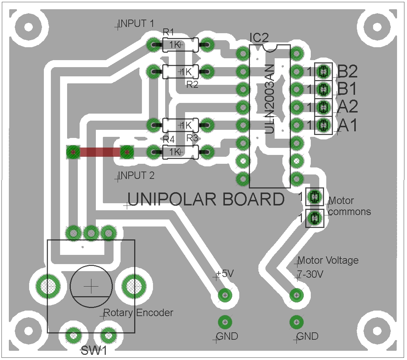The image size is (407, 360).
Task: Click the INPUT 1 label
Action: pos(136,24)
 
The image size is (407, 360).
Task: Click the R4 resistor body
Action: pos(180,152)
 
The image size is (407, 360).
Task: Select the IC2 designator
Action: pos(259,38)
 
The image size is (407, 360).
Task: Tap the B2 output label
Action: pos(348,71)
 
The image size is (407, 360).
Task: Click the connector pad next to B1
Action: pos(323,89)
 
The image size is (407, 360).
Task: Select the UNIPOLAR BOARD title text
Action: pos(206,200)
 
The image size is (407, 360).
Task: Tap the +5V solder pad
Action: pos(225,295)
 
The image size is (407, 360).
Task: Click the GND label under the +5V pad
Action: pos(227,336)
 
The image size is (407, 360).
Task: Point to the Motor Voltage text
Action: pos(328,260)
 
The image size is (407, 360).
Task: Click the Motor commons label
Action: pos(349,206)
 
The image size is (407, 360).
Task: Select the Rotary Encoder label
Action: pos(138,313)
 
